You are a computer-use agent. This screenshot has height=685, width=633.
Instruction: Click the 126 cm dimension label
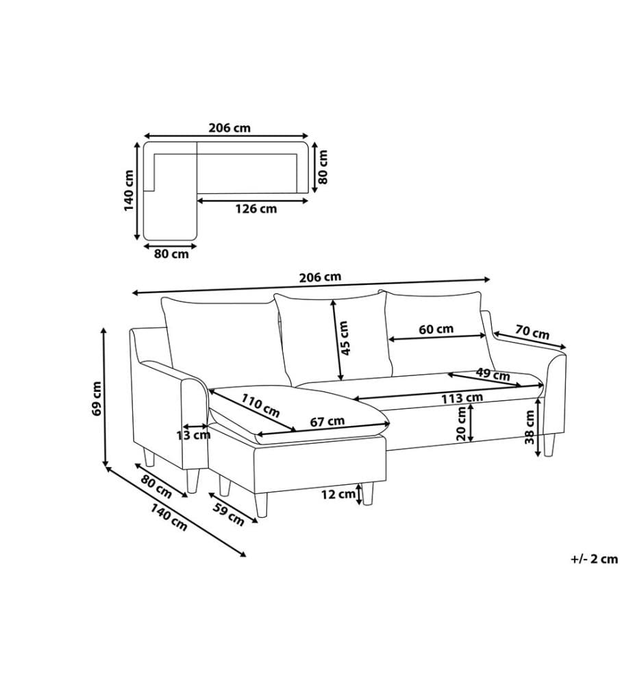coord(256,209)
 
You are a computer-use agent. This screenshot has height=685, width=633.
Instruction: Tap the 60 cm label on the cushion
coord(436,329)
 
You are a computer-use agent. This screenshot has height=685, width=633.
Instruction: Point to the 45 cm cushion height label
coord(344,338)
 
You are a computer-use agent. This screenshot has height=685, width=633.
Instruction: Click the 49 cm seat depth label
coord(493,374)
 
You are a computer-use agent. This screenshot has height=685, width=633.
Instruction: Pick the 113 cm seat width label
coord(462,398)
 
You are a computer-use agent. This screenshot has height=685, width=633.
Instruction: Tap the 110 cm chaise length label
coord(260,406)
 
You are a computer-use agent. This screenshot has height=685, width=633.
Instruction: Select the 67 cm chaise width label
coord(327,421)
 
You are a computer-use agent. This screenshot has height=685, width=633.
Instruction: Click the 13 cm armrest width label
coord(193,435)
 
